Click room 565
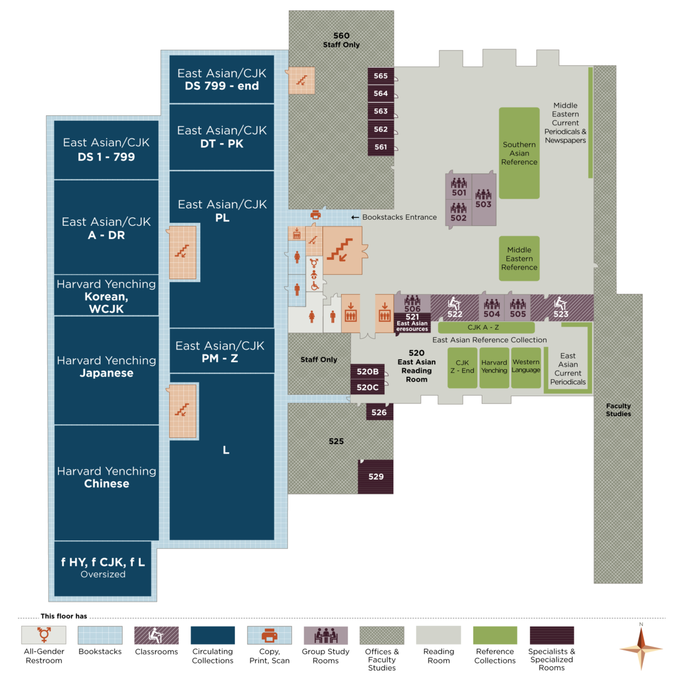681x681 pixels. (x=381, y=76)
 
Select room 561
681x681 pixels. (x=381, y=147)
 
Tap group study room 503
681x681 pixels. (x=484, y=200)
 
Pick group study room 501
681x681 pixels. (x=459, y=187)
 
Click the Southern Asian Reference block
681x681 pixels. (x=519, y=153)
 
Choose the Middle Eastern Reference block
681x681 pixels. (x=519, y=259)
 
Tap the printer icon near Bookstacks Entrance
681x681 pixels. (x=316, y=215)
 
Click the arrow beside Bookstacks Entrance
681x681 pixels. (x=355, y=217)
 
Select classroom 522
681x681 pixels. (x=455, y=308)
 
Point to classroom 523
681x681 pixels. (x=561, y=308)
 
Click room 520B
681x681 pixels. (x=368, y=372)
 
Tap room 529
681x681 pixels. (x=376, y=477)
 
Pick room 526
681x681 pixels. (x=379, y=413)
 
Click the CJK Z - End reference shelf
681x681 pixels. (x=462, y=367)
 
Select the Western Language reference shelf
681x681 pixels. (x=526, y=367)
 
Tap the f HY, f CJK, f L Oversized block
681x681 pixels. (x=103, y=568)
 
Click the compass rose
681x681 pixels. (x=641, y=648)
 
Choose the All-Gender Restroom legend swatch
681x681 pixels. (x=44, y=635)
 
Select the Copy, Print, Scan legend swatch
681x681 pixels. (x=270, y=635)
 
